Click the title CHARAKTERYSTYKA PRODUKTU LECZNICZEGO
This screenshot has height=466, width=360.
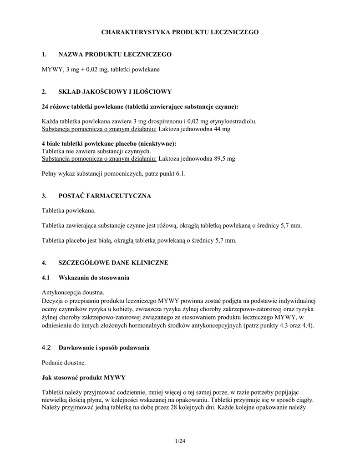pos(180,32)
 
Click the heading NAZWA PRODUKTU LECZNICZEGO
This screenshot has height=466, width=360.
pos(115,55)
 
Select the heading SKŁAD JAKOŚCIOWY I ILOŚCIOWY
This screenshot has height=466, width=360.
pos(115,91)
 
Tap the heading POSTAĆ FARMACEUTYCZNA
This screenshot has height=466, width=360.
pos(105,196)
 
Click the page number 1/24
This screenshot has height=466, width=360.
pos(180,441)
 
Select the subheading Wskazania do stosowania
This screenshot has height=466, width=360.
pos(94,278)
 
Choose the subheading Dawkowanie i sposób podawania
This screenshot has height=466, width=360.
pos(104,348)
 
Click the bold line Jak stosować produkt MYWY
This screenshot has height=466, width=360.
pos(84,377)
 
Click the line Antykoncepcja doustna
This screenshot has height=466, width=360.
pos(73,292)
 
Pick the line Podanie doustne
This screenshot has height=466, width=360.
pos(63,363)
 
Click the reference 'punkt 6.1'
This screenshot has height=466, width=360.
pos(173,173)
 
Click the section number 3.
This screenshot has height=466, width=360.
pos(44,196)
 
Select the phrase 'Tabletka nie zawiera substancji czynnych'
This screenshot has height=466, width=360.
pos(96,151)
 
